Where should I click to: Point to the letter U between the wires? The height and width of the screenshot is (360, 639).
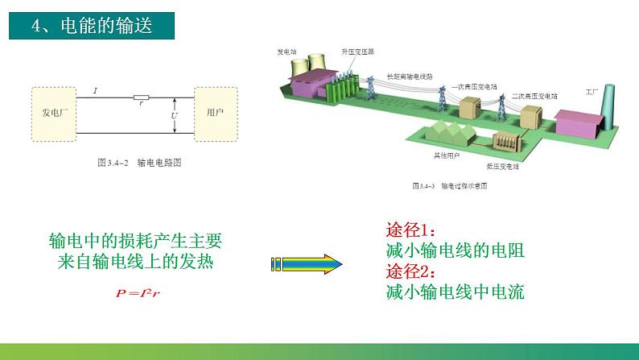(175, 115)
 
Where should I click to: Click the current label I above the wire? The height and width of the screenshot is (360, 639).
(95, 90)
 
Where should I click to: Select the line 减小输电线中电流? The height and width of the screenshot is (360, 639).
(455, 292)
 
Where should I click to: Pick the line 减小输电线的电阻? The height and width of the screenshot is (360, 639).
(455, 250)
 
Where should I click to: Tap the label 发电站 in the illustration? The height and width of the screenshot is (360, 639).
(287, 51)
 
